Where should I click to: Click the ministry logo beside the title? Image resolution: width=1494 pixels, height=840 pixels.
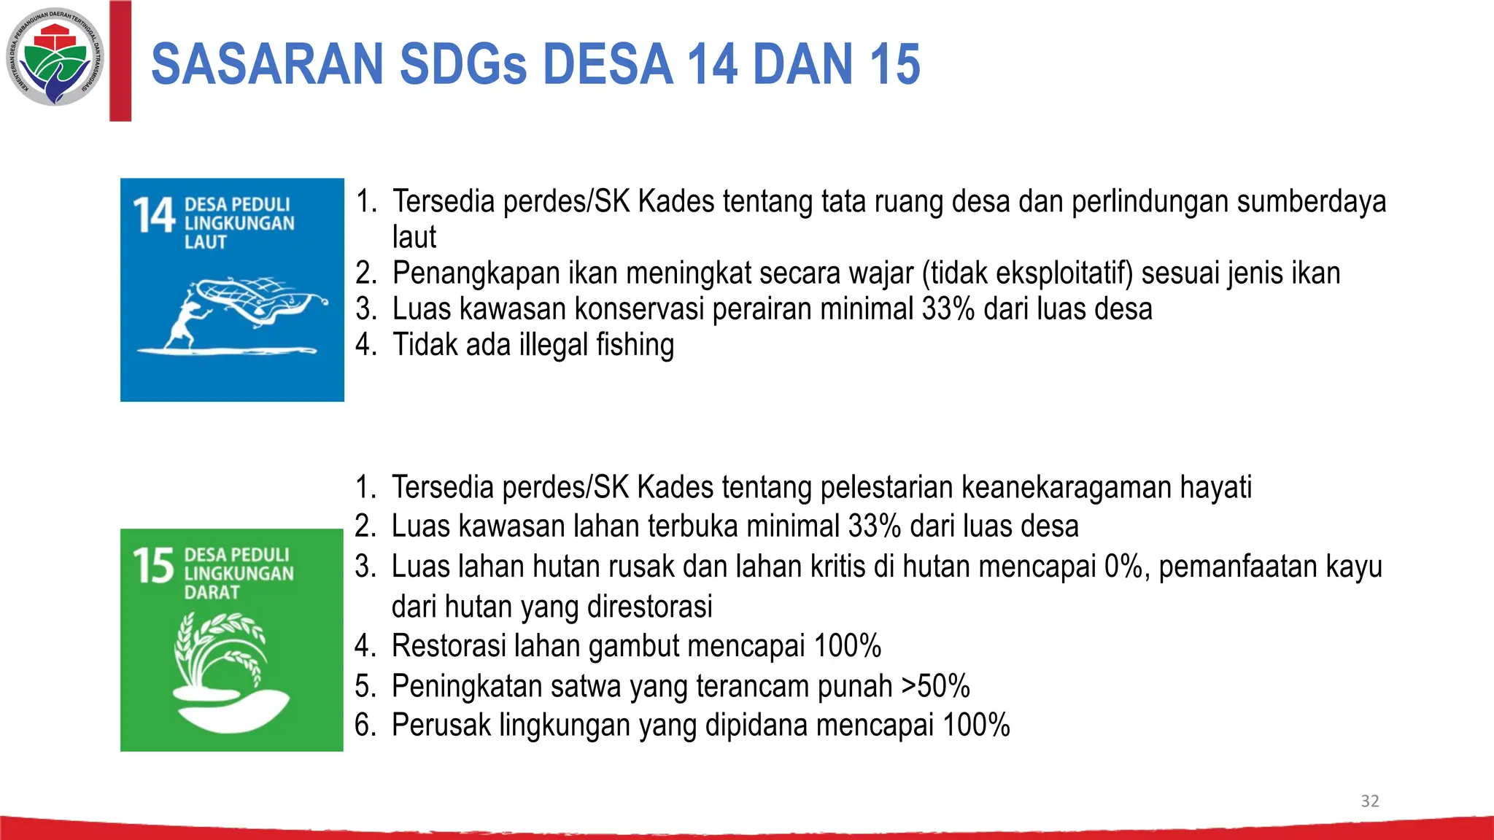[55, 57]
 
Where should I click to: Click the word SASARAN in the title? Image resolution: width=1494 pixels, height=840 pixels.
[266, 64]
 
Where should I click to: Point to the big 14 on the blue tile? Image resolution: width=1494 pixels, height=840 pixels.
[154, 216]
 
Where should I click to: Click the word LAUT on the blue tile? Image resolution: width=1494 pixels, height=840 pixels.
[206, 242]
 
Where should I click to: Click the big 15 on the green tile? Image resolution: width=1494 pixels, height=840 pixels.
[153, 567]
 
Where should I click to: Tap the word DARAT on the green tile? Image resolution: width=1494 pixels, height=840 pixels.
[212, 592]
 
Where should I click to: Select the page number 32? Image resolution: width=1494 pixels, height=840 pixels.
[1369, 801]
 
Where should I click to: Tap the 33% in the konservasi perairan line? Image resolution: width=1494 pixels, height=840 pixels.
[948, 309]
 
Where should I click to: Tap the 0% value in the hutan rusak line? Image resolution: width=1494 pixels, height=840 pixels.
[1123, 567]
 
